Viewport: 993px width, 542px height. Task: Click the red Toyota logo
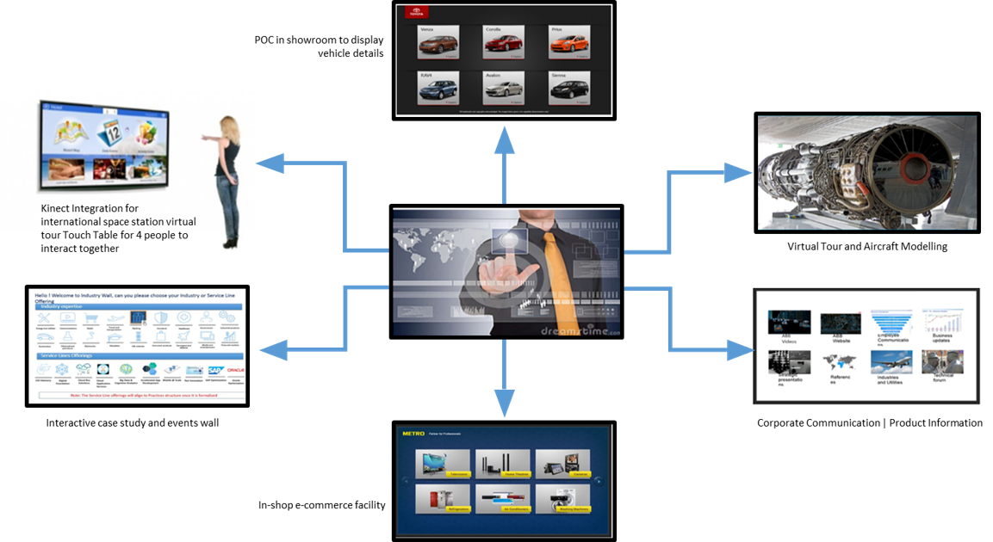[x=416, y=14]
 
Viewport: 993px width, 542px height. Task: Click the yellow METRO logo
[x=413, y=434]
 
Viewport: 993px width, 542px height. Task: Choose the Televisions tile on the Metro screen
[x=442, y=465]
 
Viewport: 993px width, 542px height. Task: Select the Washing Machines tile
[x=562, y=500]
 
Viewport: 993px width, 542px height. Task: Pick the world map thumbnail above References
[x=837, y=361]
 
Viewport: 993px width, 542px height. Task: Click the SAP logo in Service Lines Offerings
[x=216, y=371]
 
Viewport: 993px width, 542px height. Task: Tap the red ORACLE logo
[x=235, y=371]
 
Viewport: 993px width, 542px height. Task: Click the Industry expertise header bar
[x=138, y=306]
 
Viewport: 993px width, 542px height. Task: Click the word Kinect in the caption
[x=57, y=208]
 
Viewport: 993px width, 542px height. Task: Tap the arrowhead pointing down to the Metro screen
[x=504, y=403]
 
